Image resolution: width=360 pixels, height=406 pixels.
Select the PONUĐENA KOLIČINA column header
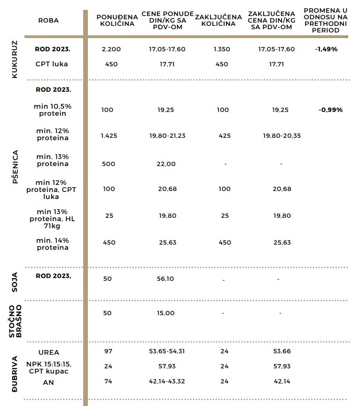point(117,20)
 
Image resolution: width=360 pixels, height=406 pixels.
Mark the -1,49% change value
point(327,49)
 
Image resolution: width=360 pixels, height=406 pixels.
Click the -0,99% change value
point(330,110)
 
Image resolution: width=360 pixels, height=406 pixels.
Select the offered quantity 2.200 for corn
point(111,49)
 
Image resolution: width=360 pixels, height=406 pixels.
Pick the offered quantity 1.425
point(109,135)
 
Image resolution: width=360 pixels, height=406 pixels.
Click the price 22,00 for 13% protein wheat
point(165,164)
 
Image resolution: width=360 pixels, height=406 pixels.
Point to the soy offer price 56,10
point(165,279)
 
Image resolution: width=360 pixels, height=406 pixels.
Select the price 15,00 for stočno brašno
point(165,313)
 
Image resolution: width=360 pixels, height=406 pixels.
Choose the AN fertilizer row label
point(48,382)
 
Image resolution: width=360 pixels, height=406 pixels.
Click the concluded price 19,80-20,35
point(282,135)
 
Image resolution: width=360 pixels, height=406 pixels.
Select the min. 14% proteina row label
point(53,244)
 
